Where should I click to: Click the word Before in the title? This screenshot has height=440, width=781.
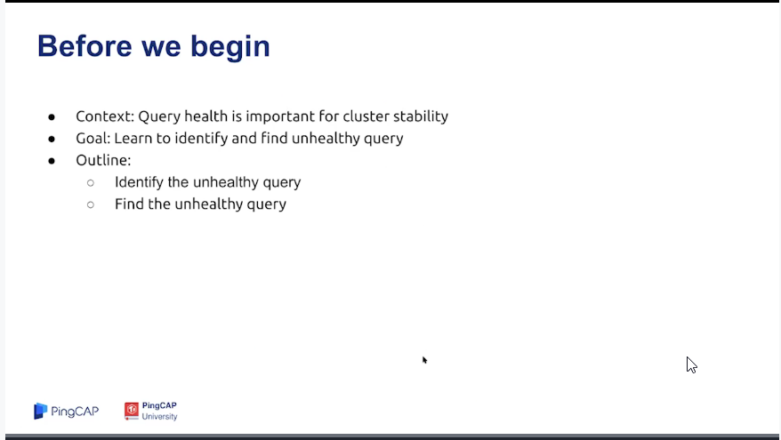pos(85,46)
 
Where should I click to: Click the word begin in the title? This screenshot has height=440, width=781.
pos(230,48)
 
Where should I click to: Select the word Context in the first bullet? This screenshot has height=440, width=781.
pos(105,116)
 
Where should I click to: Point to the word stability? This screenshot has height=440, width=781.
pos(421,117)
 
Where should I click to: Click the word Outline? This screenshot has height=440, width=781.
pos(103,160)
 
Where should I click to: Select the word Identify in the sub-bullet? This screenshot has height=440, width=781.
pos(139,183)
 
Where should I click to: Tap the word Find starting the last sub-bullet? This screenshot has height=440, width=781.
pos(129,204)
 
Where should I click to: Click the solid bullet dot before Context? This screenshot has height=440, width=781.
pos(52,117)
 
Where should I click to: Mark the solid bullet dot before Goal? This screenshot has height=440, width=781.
pos(52,140)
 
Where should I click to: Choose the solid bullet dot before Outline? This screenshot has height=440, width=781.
pos(52,161)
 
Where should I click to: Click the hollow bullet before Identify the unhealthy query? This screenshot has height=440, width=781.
pos(91,183)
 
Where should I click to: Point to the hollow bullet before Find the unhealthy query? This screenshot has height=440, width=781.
pos(91,204)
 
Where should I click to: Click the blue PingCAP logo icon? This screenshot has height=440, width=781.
pos(40,412)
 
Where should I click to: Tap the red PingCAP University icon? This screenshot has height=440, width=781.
pos(132,412)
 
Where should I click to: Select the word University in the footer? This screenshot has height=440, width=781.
pos(159,417)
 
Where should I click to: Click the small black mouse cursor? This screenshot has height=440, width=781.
pos(424,360)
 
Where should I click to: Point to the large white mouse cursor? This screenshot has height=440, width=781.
pos(691,364)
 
